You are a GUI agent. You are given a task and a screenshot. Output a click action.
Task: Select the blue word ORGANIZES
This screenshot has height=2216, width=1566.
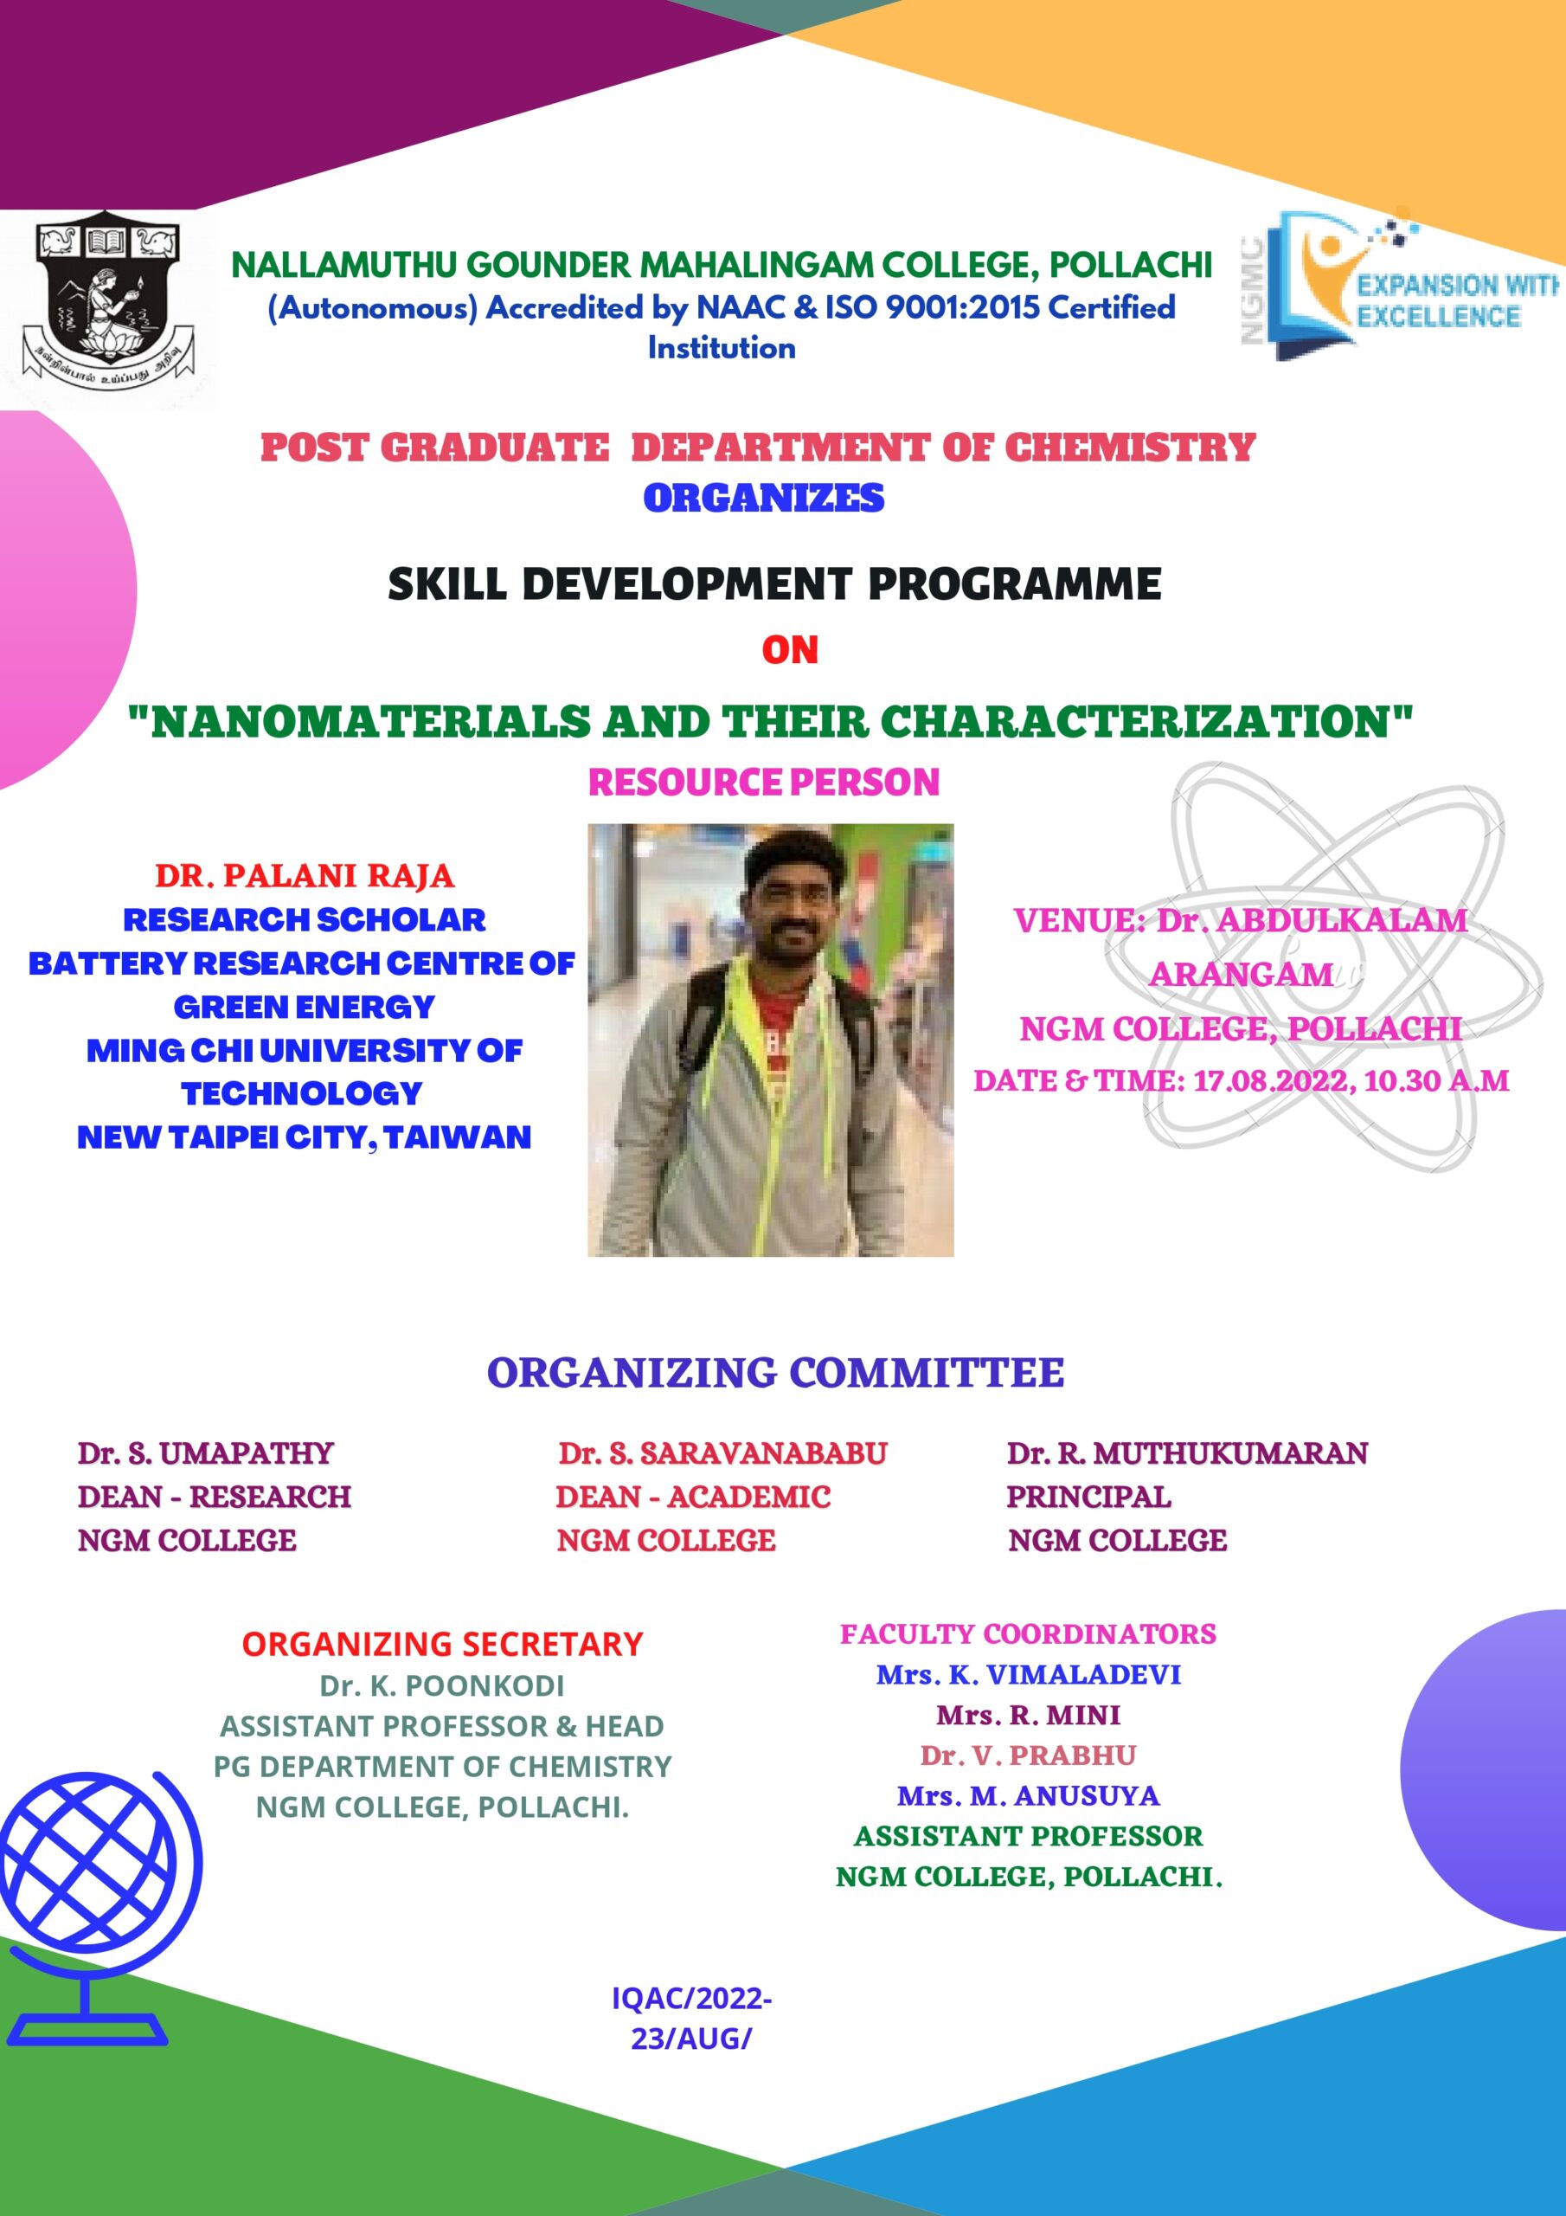coord(763,498)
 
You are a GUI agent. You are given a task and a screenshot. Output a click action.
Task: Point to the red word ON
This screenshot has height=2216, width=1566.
coord(789,650)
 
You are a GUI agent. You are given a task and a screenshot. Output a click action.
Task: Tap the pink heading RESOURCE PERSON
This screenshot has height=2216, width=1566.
coord(763,782)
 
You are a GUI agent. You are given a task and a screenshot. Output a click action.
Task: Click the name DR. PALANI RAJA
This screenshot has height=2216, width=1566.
coord(304,875)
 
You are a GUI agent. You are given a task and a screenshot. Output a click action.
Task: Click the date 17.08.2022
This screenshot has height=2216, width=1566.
coord(1274,1081)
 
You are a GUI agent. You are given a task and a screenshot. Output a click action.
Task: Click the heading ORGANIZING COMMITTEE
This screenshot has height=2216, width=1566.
coord(775,1373)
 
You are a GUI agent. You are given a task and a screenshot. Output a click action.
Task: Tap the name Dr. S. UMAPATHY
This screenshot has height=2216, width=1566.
coord(206,1453)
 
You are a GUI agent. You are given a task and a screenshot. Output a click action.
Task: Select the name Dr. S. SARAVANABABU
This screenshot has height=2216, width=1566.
coord(722,1453)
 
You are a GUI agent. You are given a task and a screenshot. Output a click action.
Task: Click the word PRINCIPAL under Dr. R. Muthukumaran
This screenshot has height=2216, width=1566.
coord(1088,1497)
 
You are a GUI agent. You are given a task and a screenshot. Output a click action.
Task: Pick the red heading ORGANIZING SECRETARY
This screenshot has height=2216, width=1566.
coord(442,1644)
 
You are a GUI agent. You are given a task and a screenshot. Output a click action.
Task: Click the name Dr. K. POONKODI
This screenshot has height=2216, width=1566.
coord(442,1686)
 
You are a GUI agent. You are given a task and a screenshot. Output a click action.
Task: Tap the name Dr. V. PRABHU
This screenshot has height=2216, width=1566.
coord(1028,1755)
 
